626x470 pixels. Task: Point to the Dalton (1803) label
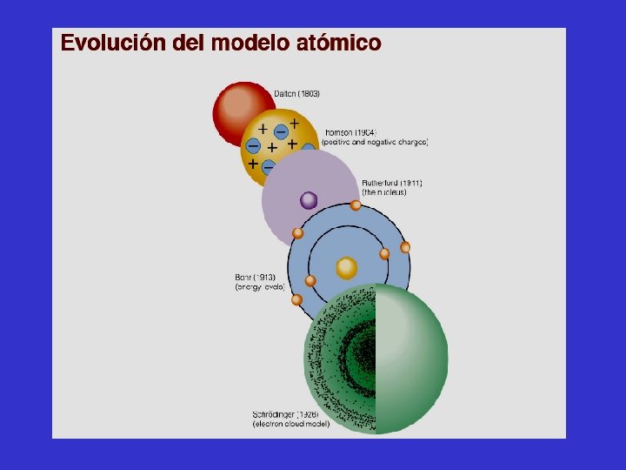pos(298,93)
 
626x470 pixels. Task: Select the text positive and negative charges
pos(374,141)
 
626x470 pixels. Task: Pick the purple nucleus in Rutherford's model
pos(309,201)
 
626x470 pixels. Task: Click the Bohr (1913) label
pos(255,278)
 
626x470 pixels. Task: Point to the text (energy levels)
pos(259,287)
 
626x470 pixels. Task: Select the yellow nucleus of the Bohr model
pos(347,267)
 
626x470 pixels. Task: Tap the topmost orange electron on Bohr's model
pos(356,205)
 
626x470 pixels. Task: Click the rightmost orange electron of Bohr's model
pos(405,248)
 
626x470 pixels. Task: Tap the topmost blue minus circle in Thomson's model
pos(281,131)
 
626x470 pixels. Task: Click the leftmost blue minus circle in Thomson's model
pos(253,145)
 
